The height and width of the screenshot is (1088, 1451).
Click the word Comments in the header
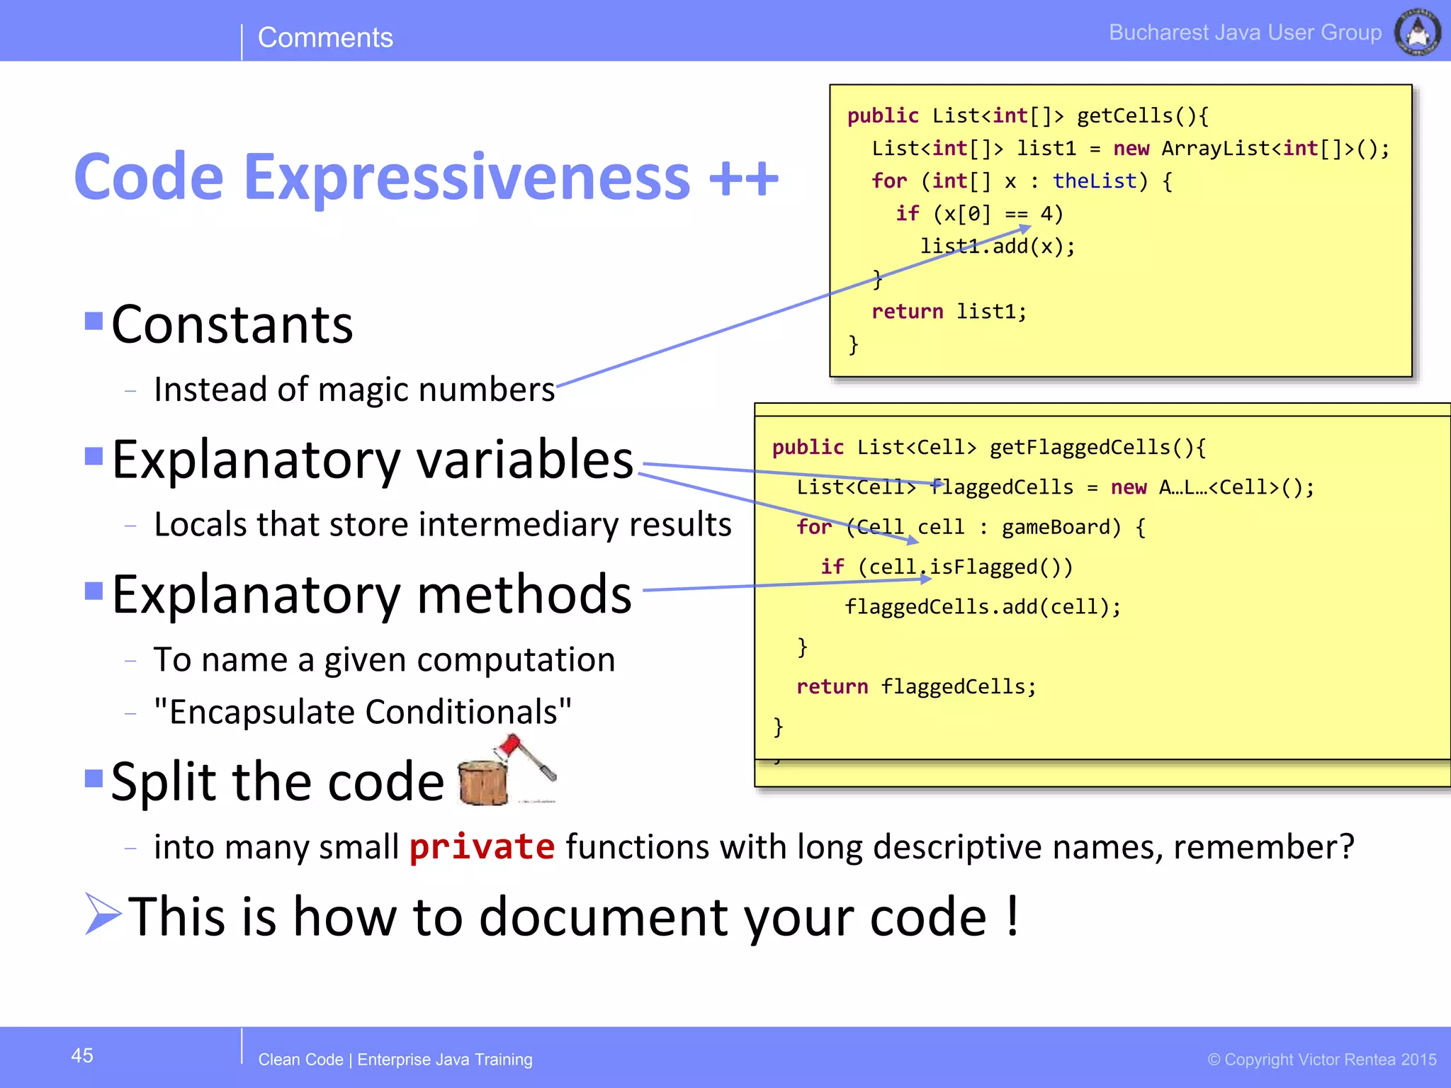tap(325, 38)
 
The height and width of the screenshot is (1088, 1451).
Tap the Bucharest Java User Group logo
tap(1417, 33)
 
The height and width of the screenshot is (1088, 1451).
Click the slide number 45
tap(82, 1055)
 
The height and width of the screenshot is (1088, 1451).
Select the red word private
tap(482, 847)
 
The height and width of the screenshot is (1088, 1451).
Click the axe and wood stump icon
tap(505, 772)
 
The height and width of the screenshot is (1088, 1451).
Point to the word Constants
tap(232, 325)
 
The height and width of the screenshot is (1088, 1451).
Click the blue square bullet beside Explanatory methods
tap(94, 590)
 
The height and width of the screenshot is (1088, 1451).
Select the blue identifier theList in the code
tap(1095, 181)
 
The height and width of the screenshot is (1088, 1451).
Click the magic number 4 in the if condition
tap(1046, 214)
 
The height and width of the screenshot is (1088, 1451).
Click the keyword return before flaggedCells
tap(832, 686)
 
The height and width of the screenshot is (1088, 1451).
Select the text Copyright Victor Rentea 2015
tap(1322, 1060)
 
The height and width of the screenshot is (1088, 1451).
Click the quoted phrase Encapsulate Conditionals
tap(363, 712)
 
